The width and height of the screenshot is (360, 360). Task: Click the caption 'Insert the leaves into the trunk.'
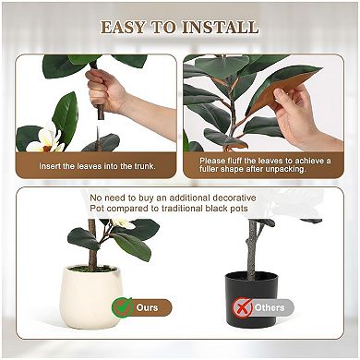pyautogui.click(x=97, y=166)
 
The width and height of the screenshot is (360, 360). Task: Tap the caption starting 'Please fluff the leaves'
pyautogui.click(x=266, y=161)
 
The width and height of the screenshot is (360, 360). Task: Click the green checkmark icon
pyautogui.click(x=122, y=306)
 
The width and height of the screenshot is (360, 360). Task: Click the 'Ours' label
pyautogui.click(x=147, y=307)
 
